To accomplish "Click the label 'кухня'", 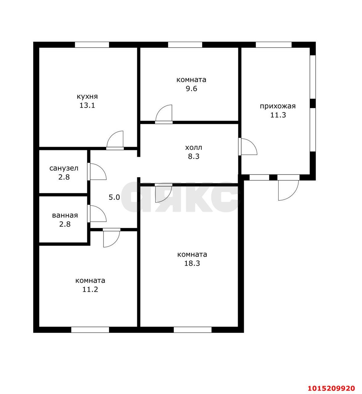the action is pyautogui.click(x=87, y=97).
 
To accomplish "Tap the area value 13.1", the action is pyautogui.click(x=87, y=106).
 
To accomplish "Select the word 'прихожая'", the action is pyautogui.click(x=278, y=107).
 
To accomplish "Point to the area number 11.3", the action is pyautogui.click(x=278, y=115).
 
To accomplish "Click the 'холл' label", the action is pyautogui.click(x=193, y=147).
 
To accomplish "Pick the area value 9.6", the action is pyautogui.click(x=191, y=89).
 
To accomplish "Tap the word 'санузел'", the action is pyautogui.click(x=64, y=168).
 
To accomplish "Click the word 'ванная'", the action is pyautogui.click(x=65, y=215).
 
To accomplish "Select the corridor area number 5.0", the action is pyautogui.click(x=114, y=197).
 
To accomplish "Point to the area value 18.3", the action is pyautogui.click(x=192, y=263).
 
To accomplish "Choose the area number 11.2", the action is pyautogui.click(x=90, y=290).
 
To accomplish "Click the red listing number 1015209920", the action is pyautogui.click(x=331, y=388).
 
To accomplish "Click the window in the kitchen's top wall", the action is pyautogui.click(x=92, y=45).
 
